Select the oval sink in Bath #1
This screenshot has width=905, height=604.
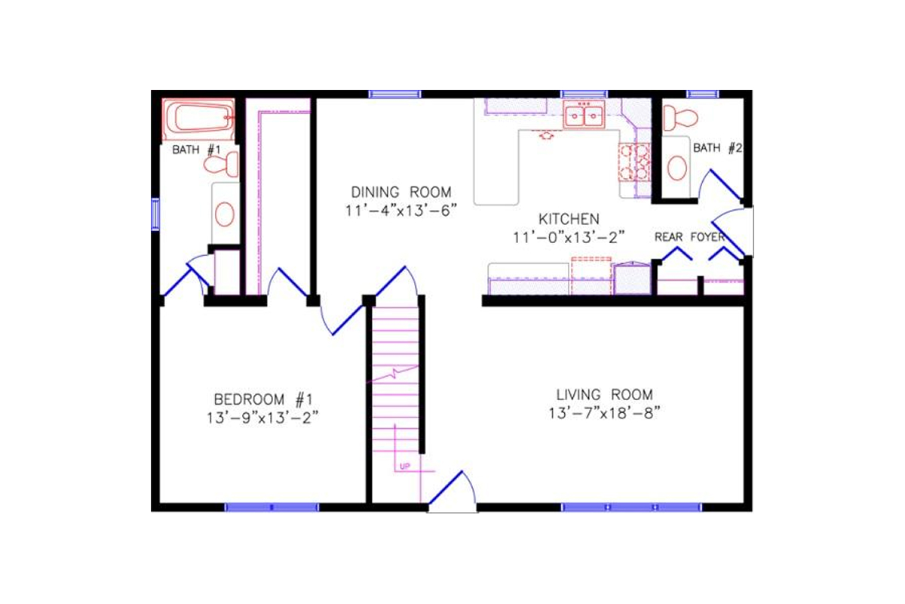[x=225, y=214]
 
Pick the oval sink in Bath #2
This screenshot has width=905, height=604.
[x=677, y=168]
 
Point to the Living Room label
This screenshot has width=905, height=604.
[x=604, y=394]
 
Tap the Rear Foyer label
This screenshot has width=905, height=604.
[x=689, y=237]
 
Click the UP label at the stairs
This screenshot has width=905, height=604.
[x=404, y=466]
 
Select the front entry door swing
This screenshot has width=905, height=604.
[x=452, y=491]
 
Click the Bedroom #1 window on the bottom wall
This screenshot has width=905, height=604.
[x=271, y=507]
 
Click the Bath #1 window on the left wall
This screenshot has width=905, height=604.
[x=155, y=213]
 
